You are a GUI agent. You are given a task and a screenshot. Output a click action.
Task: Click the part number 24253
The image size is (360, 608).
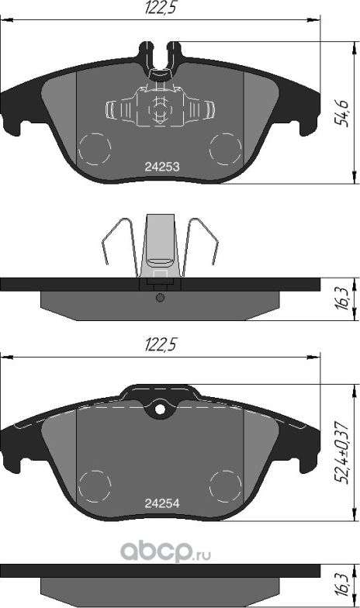pos(162,167)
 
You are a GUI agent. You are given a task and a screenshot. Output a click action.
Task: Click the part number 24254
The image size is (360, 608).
pos(162,503)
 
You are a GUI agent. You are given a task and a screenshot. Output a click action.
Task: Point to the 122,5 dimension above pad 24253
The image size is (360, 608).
pos(161,8)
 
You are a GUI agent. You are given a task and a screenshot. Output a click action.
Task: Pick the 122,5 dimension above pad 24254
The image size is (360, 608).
pos(161,344)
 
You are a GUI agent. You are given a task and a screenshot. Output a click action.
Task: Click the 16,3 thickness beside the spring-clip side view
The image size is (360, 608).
pos(342,299)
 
